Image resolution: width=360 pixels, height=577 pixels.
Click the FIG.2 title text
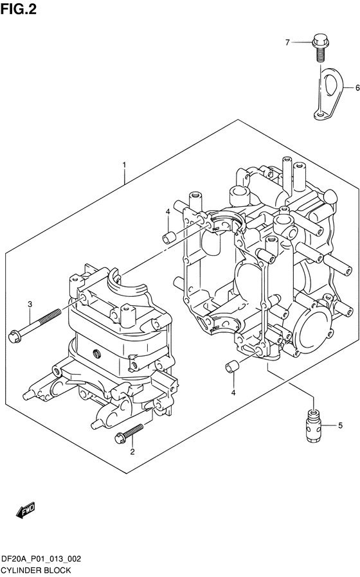[x=19, y=9]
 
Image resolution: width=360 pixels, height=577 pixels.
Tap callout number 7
[x=287, y=42]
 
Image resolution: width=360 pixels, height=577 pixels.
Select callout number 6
[x=357, y=88]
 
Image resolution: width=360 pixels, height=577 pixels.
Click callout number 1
[x=125, y=164]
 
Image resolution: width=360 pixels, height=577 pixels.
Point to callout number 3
[x=30, y=305]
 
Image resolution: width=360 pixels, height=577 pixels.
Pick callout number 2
[x=132, y=452]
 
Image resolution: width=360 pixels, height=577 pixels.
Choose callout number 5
[x=340, y=425]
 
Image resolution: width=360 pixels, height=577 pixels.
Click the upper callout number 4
[x=168, y=211]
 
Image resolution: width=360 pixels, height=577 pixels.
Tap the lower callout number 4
[x=233, y=393]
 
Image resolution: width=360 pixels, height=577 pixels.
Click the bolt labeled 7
[x=320, y=48]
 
